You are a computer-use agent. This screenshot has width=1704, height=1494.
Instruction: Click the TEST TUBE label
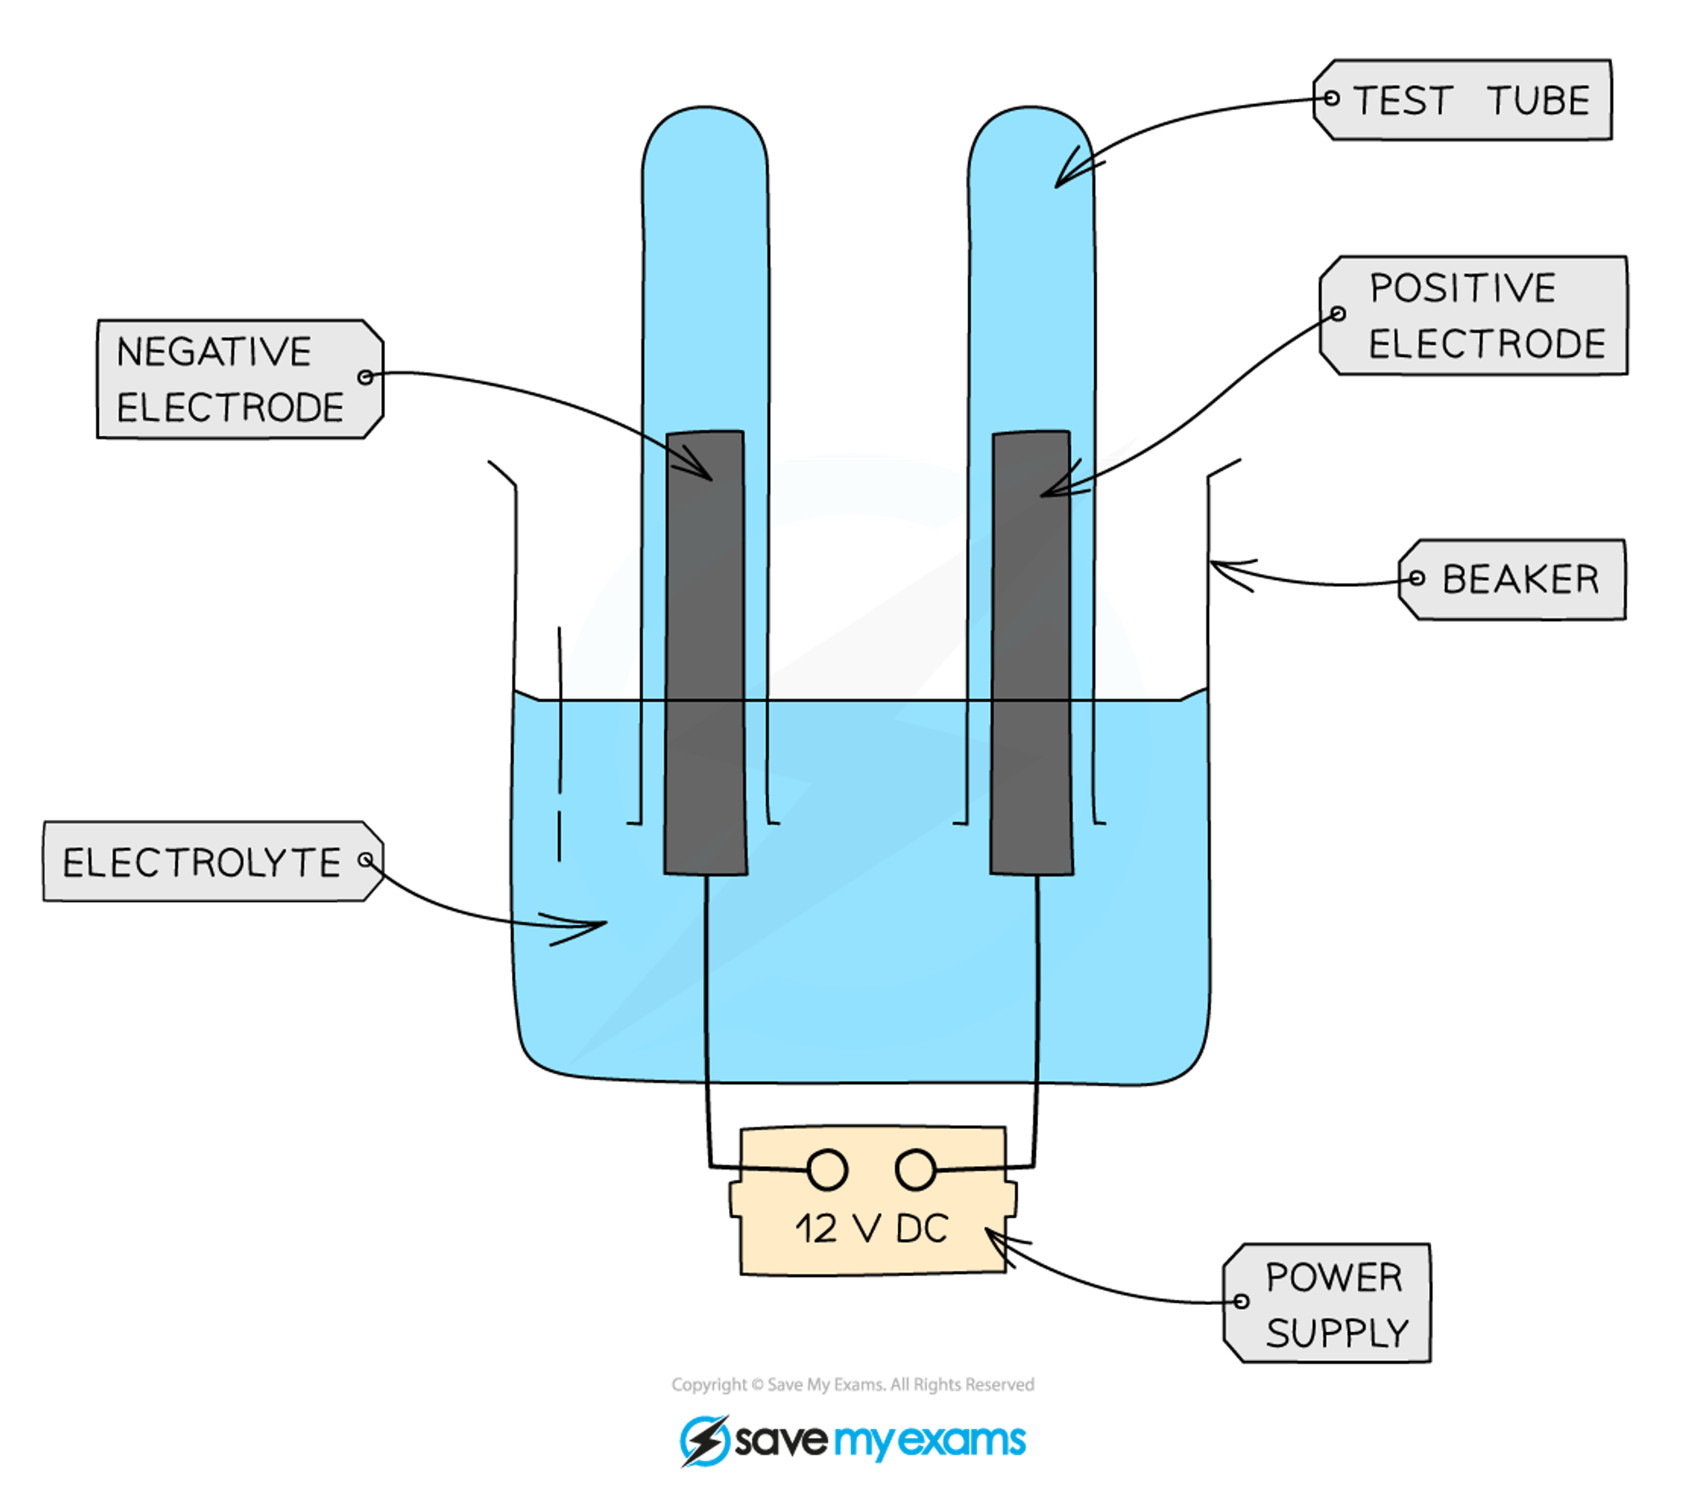click(1463, 100)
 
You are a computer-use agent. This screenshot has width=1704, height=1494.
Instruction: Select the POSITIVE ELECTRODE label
click(1474, 315)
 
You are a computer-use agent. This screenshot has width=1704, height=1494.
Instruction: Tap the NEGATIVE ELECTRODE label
click(239, 379)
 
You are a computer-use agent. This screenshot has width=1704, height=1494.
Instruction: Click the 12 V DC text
click(871, 1228)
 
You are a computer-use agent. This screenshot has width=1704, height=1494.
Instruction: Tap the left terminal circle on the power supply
click(826, 1169)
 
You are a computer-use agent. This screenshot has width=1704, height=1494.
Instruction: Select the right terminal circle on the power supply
click(916, 1169)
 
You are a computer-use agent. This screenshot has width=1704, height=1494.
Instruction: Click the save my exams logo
click(852, 1440)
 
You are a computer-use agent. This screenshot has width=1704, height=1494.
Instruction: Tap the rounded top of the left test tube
click(705, 128)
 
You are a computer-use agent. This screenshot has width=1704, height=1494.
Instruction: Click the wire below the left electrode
click(706, 980)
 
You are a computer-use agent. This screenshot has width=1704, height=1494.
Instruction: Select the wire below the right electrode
click(1037, 980)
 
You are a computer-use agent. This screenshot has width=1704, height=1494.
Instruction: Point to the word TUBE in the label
click(1539, 101)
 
